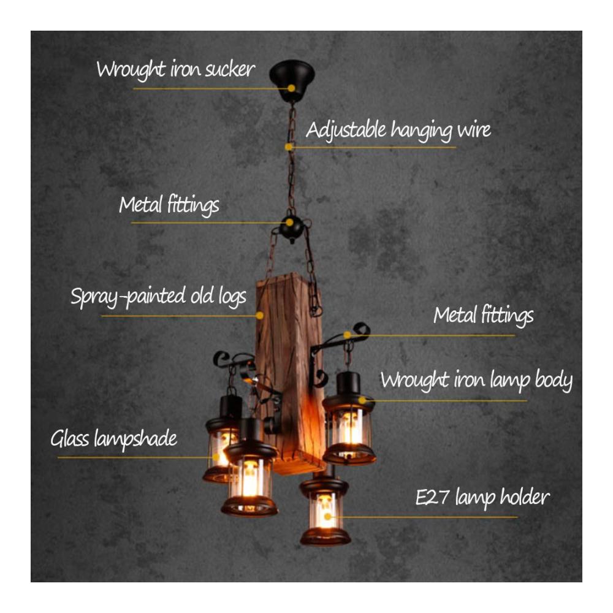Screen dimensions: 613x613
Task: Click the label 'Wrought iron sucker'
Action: tap(175, 70)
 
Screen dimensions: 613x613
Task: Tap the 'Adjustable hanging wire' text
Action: tap(398, 130)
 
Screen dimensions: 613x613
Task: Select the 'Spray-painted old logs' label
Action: tap(158, 296)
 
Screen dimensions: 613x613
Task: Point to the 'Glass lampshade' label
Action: tap(114, 439)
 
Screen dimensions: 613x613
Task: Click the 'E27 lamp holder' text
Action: tap(482, 498)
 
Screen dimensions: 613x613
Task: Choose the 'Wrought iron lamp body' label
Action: tap(476, 381)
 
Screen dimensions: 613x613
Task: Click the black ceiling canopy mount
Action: tap(292, 80)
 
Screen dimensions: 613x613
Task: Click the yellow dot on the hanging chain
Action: tap(289, 147)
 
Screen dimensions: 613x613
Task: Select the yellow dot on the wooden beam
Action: tap(259, 315)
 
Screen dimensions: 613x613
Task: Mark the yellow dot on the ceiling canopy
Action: tap(291, 88)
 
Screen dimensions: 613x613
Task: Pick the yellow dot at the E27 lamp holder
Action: tap(327, 517)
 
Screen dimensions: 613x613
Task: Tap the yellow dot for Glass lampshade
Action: tap(216, 457)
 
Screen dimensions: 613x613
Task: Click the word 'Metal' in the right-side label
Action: tap(455, 315)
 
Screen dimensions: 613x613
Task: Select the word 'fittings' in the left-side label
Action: tap(194, 206)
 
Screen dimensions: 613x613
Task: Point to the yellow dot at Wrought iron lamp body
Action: tap(362, 400)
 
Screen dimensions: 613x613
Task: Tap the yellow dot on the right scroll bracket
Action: tap(347, 335)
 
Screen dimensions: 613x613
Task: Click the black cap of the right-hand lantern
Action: tap(348, 383)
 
